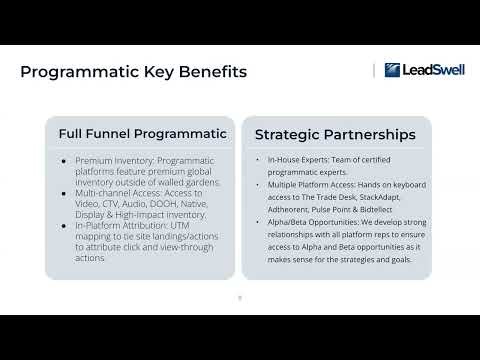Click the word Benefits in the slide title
209,72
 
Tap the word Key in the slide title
151,72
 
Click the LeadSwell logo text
423,70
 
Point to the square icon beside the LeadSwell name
392,70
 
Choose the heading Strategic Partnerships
335,134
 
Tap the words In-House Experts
287,160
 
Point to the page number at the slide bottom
239,296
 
